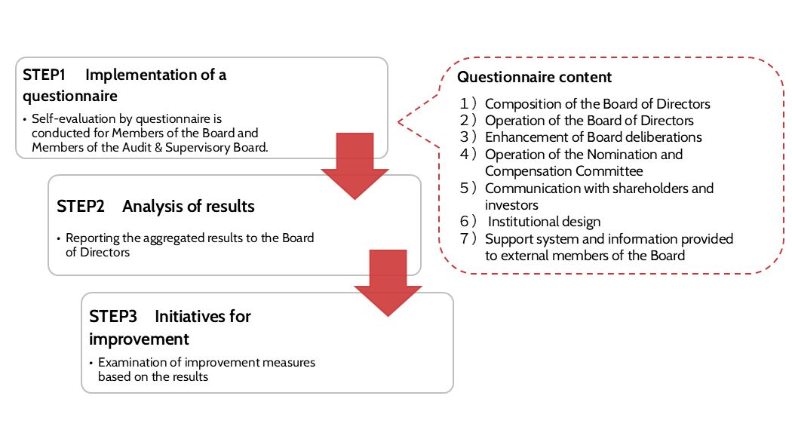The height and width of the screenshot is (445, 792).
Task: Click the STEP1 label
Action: (45, 75)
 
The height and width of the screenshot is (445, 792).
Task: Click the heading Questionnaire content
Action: (535, 77)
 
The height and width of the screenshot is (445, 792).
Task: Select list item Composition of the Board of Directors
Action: (597, 104)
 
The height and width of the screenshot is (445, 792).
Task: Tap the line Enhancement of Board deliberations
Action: (593, 137)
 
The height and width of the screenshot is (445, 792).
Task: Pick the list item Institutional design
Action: (545, 222)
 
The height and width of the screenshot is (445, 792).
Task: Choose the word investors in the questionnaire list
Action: (511, 204)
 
